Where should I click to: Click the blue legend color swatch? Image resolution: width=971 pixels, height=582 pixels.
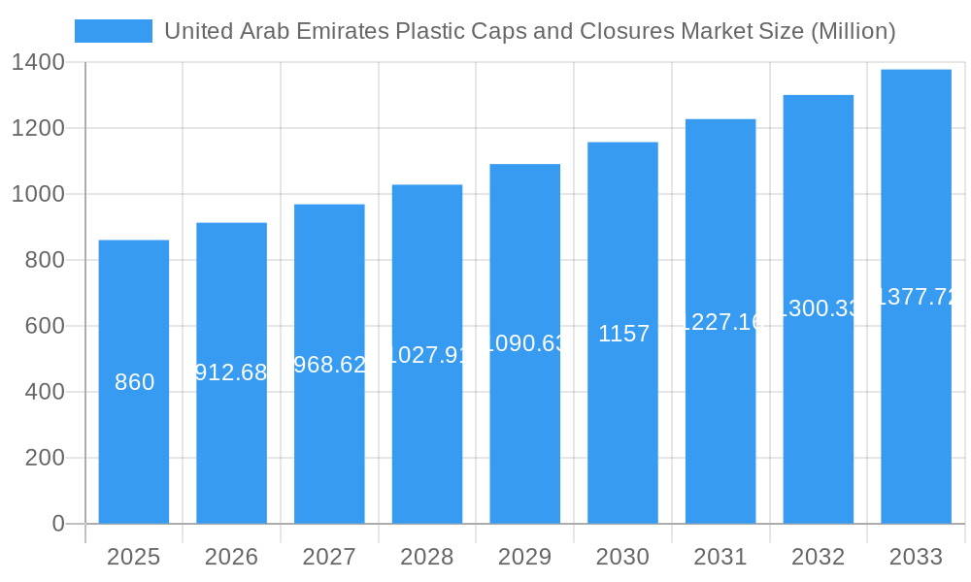(114, 31)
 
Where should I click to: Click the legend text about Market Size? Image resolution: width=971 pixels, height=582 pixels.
(529, 31)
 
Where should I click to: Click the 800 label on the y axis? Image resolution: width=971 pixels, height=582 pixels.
(45, 260)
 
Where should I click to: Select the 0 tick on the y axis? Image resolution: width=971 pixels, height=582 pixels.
(57, 524)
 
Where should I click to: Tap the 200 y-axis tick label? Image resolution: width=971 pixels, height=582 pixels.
(45, 458)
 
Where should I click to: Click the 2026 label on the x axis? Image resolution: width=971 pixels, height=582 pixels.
(231, 557)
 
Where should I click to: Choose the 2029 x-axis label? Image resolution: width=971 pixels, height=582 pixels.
(524, 557)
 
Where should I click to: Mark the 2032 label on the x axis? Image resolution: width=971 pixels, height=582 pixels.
(818, 557)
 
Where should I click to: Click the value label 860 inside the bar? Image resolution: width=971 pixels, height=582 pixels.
(134, 382)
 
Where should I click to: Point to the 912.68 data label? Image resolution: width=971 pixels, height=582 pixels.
(231, 372)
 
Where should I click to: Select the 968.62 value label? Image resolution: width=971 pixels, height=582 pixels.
(329, 365)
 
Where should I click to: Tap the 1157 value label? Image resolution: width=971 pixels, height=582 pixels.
(623, 334)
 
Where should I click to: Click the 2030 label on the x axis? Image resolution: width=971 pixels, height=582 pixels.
(622, 557)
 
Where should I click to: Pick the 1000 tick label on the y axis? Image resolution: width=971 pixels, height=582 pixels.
(39, 194)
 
